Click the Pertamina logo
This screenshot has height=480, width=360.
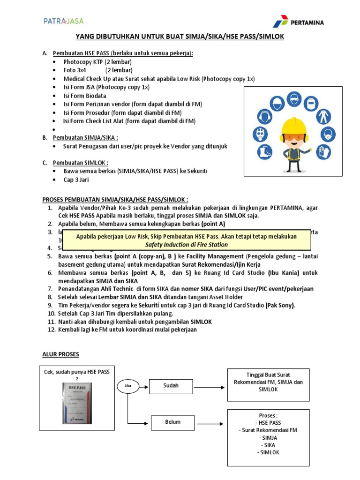click(298, 22)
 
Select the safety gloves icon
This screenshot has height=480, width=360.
click(325, 151)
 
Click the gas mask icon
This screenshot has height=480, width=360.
click(259, 134)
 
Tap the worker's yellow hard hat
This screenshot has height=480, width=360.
click(292, 126)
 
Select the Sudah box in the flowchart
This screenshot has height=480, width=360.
click(171, 386)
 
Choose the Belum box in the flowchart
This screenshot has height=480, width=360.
click(172, 422)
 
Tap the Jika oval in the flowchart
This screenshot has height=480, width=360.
click(127, 386)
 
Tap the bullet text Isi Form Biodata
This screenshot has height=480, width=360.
click(85, 96)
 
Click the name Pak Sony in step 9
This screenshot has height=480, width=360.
click(280, 305)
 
